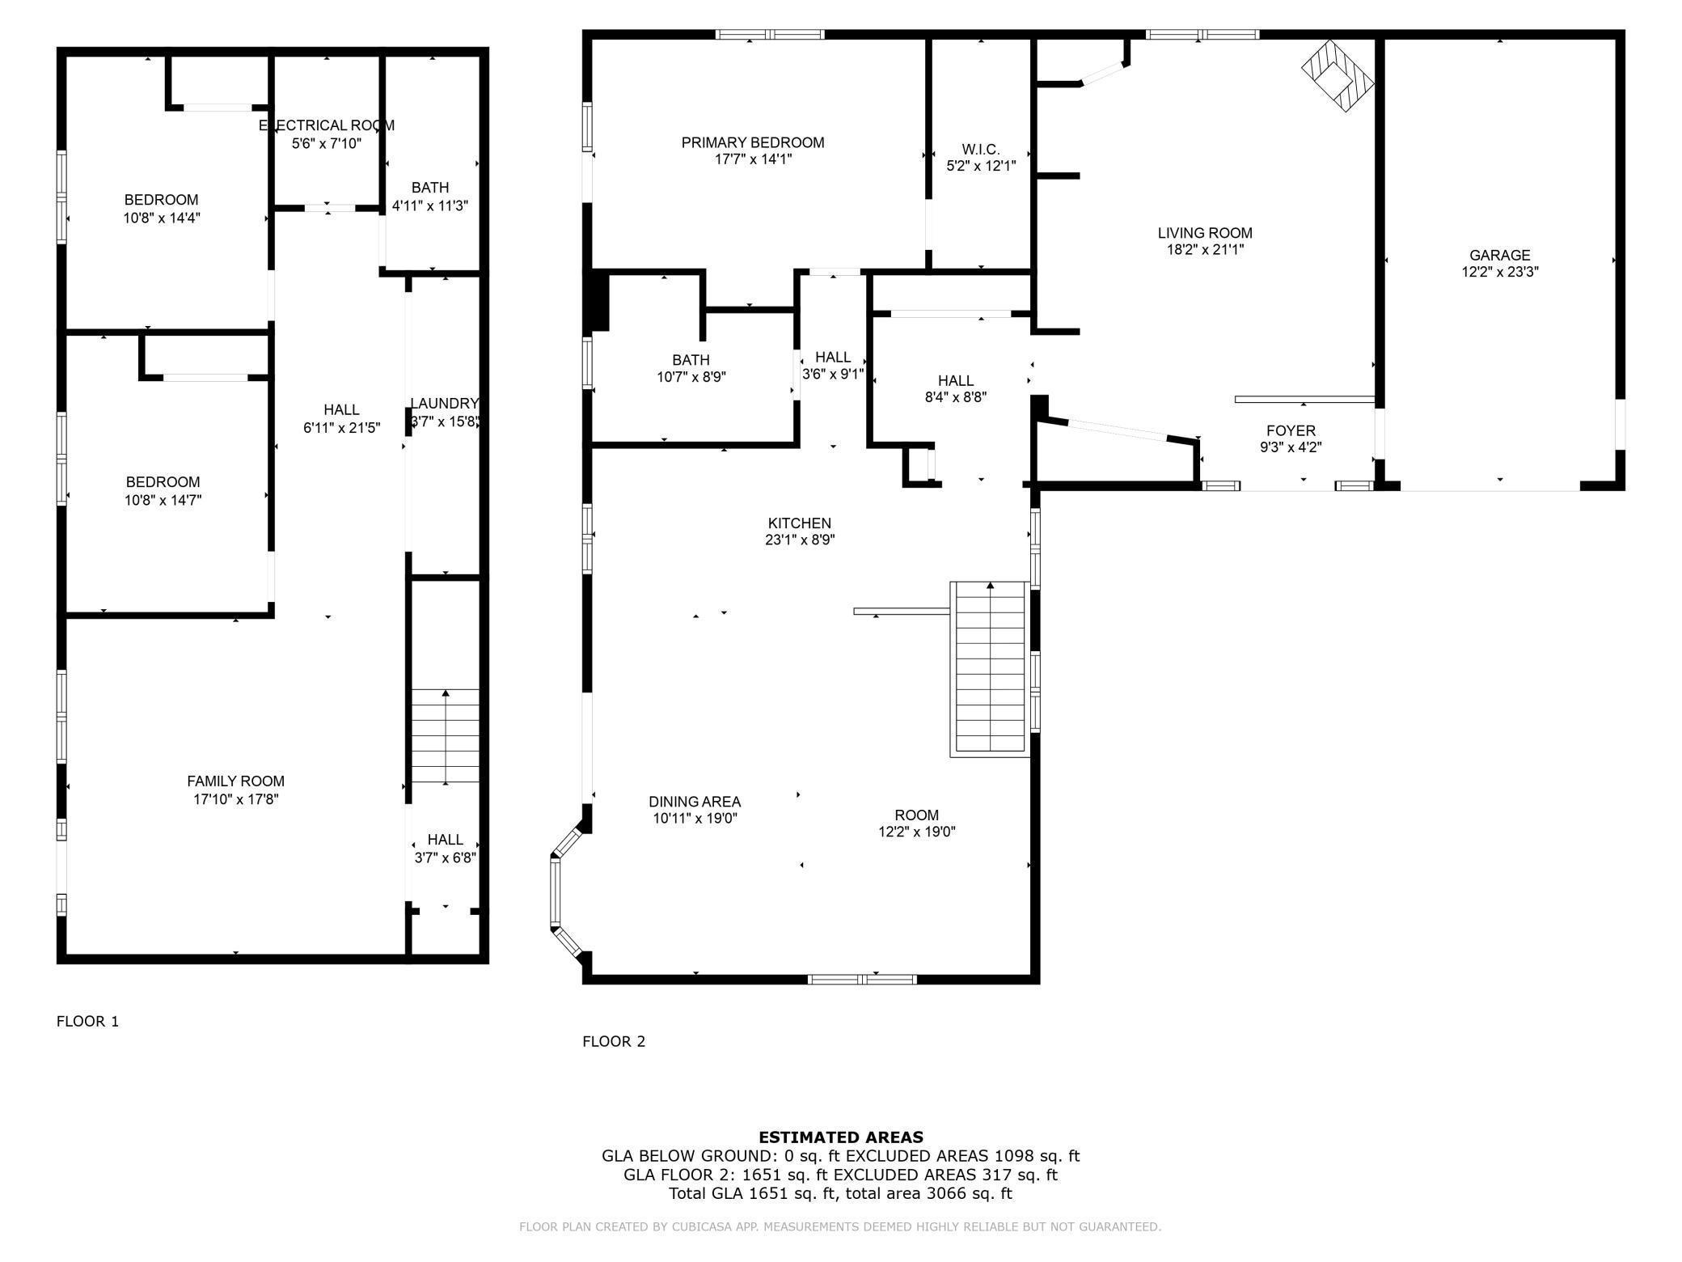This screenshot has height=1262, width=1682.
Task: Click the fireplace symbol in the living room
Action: (x=1338, y=76)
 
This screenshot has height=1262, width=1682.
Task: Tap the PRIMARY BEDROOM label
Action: (x=753, y=142)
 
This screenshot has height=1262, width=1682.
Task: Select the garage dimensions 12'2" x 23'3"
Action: (x=1500, y=273)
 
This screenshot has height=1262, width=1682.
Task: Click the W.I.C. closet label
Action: (x=981, y=150)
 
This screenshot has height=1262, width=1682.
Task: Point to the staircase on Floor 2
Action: (x=991, y=669)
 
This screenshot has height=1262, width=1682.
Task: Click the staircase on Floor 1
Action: (x=446, y=736)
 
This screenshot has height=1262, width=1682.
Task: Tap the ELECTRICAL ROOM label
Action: (x=327, y=125)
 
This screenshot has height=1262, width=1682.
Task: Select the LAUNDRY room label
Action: (x=445, y=404)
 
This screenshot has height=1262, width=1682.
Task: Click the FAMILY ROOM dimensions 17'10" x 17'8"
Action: (x=235, y=799)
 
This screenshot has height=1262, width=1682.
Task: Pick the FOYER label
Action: (x=1291, y=431)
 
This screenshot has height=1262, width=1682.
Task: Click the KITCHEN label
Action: (x=800, y=523)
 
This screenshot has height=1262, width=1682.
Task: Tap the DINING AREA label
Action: (x=695, y=802)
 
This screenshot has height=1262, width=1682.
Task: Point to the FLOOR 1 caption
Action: (x=87, y=1021)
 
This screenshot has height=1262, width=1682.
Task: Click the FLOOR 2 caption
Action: (x=614, y=1041)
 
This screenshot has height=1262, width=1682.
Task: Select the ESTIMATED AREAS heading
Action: (x=841, y=1137)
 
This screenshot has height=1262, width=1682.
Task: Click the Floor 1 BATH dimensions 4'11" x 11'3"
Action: (x=430, y=205)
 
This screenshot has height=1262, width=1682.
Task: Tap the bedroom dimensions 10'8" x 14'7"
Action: (x=163, y=500)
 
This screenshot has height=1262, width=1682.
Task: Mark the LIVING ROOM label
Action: (x=1205, y=233)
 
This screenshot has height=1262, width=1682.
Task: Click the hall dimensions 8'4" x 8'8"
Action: (x=956, y=397)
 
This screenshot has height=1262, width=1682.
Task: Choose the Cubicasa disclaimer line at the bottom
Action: (x=840, y=1226)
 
